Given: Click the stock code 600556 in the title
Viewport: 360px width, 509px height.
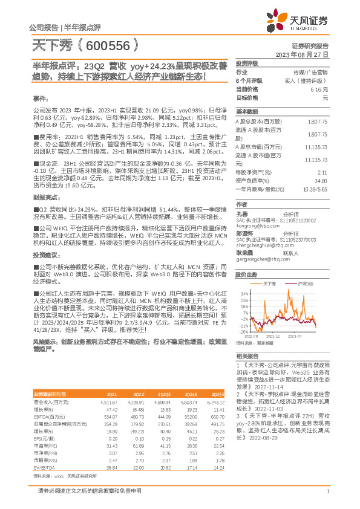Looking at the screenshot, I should click(x=111, y=45).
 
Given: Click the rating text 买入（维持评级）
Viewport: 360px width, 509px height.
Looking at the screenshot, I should click(x=309, y=80).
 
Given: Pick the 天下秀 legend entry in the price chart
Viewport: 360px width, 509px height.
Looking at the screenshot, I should click(x=270, y=283).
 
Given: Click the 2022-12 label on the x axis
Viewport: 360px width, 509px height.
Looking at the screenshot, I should click(x=274, y=336).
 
